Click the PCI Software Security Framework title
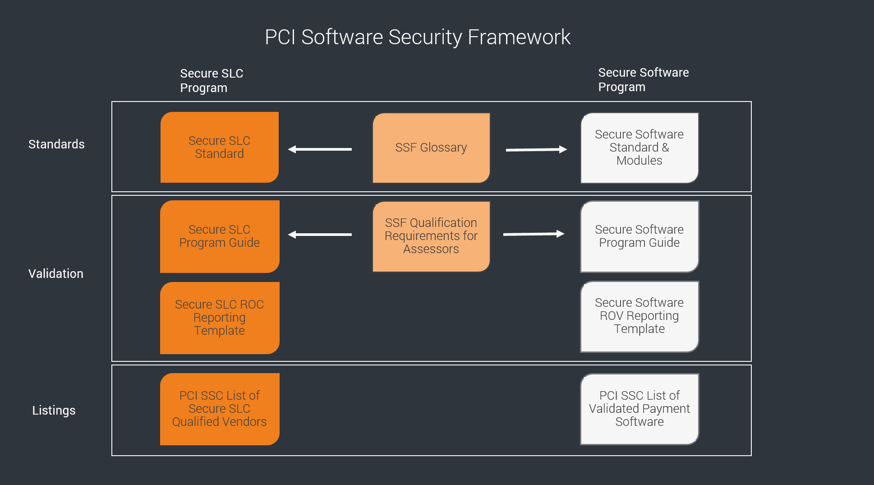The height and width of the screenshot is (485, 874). (x=417, y=37)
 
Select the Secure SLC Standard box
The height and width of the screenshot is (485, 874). (x=220, y=148)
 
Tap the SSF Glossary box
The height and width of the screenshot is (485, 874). (x=431, y=148)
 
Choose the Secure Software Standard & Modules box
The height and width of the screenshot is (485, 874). (x=639, y=148)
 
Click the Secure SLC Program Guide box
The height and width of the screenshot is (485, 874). (x=220, y=236)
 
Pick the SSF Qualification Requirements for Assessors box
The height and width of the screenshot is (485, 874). (x=431, y=236)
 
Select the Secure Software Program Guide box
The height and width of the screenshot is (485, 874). (x=639, y=236)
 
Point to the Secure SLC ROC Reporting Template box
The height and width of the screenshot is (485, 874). (x=220, y=318)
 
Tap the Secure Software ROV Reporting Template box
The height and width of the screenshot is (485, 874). (x=639, y=316)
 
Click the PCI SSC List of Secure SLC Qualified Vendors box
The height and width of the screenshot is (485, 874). (x=220, y=409)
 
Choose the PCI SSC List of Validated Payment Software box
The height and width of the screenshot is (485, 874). (x=639, y=409)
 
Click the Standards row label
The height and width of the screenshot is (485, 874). (x=56, y=144)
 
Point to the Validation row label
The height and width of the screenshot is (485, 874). (x=56, y=274)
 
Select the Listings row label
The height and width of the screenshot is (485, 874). (x=54, y=411)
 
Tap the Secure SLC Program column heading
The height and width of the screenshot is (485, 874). (x=212, y=81)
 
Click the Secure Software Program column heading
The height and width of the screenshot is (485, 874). (x=643, y=80)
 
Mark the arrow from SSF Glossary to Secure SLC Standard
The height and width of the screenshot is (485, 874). (x=320, y=149)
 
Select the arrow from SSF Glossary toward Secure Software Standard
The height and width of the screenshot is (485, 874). (x=536, y=149)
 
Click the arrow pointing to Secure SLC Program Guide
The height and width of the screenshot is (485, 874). (x=320, y=235)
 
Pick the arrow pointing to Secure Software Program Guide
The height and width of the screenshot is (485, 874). (x=534, y=234)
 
